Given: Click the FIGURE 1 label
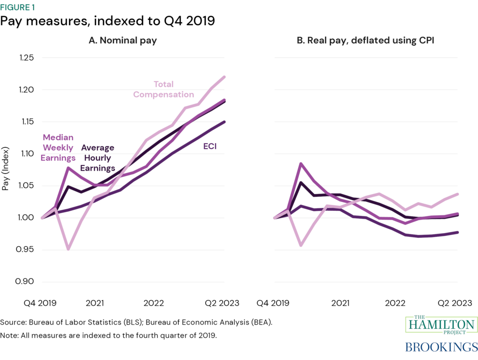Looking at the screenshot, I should coord(21,7).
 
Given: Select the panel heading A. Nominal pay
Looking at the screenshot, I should coord(123,41).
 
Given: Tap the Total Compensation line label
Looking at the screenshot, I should coord(163,89).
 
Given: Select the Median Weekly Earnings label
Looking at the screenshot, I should coord(58,148).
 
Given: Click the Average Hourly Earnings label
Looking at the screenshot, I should coord(98,158).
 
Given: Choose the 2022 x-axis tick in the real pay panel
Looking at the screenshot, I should coord(395,303).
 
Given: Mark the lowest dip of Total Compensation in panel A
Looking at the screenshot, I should coord(69,249).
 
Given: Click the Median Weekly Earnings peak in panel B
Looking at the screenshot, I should coord(301,164).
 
